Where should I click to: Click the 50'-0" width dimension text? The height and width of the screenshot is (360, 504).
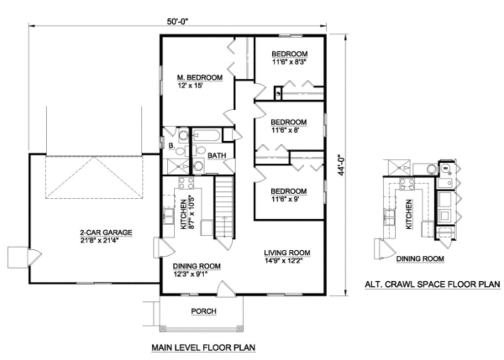click(177, 21)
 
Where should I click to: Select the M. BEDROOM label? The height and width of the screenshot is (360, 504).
click(200, 78)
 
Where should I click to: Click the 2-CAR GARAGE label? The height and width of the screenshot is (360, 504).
click(106, 233)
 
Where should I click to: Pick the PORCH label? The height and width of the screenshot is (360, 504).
click(203, 311)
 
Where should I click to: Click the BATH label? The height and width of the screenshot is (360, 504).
click(217, 155)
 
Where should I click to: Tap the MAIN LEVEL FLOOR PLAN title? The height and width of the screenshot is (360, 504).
click(203, 348)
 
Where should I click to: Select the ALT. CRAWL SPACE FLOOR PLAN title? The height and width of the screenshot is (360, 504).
click(432, 284)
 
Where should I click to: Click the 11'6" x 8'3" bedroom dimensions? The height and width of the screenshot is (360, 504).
click(289, 62)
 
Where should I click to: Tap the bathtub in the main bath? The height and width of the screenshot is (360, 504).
click(207, 135)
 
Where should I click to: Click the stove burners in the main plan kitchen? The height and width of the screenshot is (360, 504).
click(186, 183)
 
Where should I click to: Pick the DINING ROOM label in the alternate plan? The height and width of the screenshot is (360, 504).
click(420, 259)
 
